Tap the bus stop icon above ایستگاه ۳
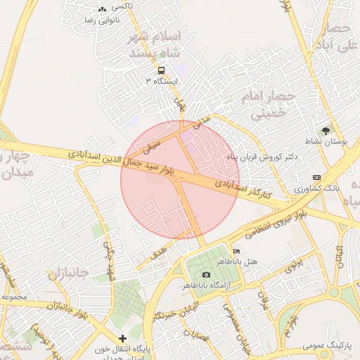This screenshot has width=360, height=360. [x=162, y=70]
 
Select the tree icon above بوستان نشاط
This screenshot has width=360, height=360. [x=325, y=130]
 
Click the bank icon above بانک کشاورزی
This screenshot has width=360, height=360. [x=316, y=178]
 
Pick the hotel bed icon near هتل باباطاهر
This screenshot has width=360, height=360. [x=236, y=251]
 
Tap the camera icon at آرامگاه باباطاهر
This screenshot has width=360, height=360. [x=205, y=274]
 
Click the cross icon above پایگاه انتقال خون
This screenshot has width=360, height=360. [x=123, y=338]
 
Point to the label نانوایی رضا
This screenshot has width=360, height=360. [x=99, y=20]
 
